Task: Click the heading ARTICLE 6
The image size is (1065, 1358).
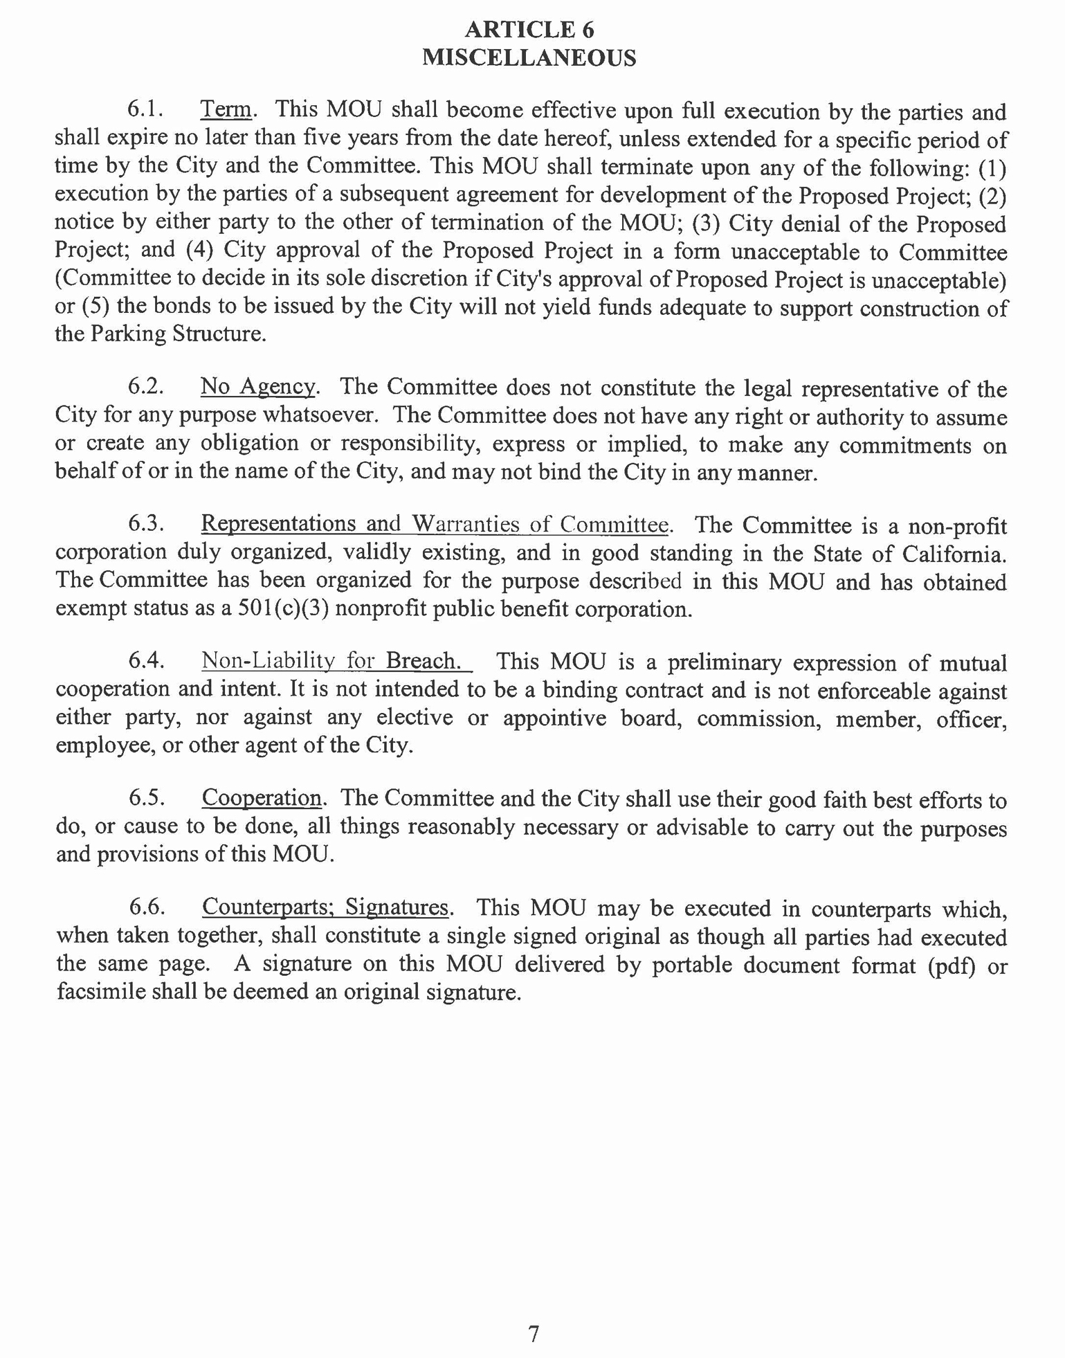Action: (x=529, y=30)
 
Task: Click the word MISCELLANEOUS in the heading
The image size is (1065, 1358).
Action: (x=529, y=57)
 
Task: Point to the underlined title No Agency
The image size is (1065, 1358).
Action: (x=257, y=386)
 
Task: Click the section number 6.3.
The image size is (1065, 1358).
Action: (x=146, y=524)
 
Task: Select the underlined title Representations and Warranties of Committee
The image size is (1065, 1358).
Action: (x=435, y=524)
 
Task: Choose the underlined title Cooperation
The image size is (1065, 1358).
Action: (x=262, y=798)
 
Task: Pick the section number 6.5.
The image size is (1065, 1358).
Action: (x=146, y=798)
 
